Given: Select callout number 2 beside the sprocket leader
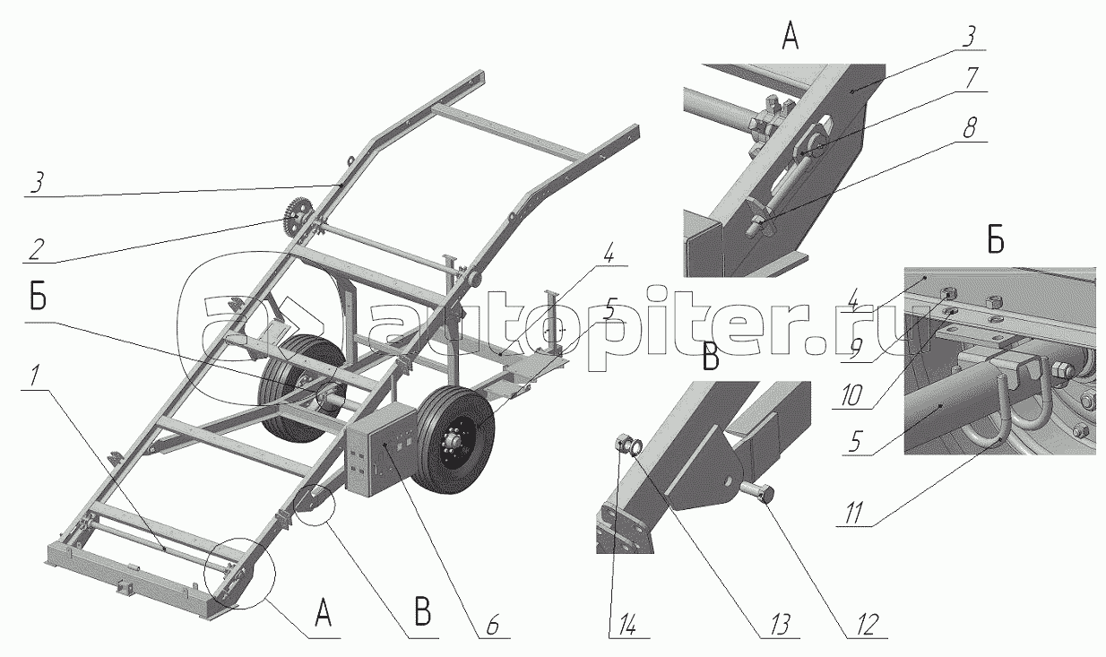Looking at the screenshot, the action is (36, 249).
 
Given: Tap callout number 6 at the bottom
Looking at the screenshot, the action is (492, 625).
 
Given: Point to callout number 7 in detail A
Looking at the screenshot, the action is (971, 78).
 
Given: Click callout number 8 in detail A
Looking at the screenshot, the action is (969, 128).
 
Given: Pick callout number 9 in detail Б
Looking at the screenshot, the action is (856, 350).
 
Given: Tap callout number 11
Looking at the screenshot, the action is (853, 514).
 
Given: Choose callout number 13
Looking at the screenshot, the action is (779, 625).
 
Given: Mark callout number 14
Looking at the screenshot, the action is (623, 625).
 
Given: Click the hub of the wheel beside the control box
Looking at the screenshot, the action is (454, 440).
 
